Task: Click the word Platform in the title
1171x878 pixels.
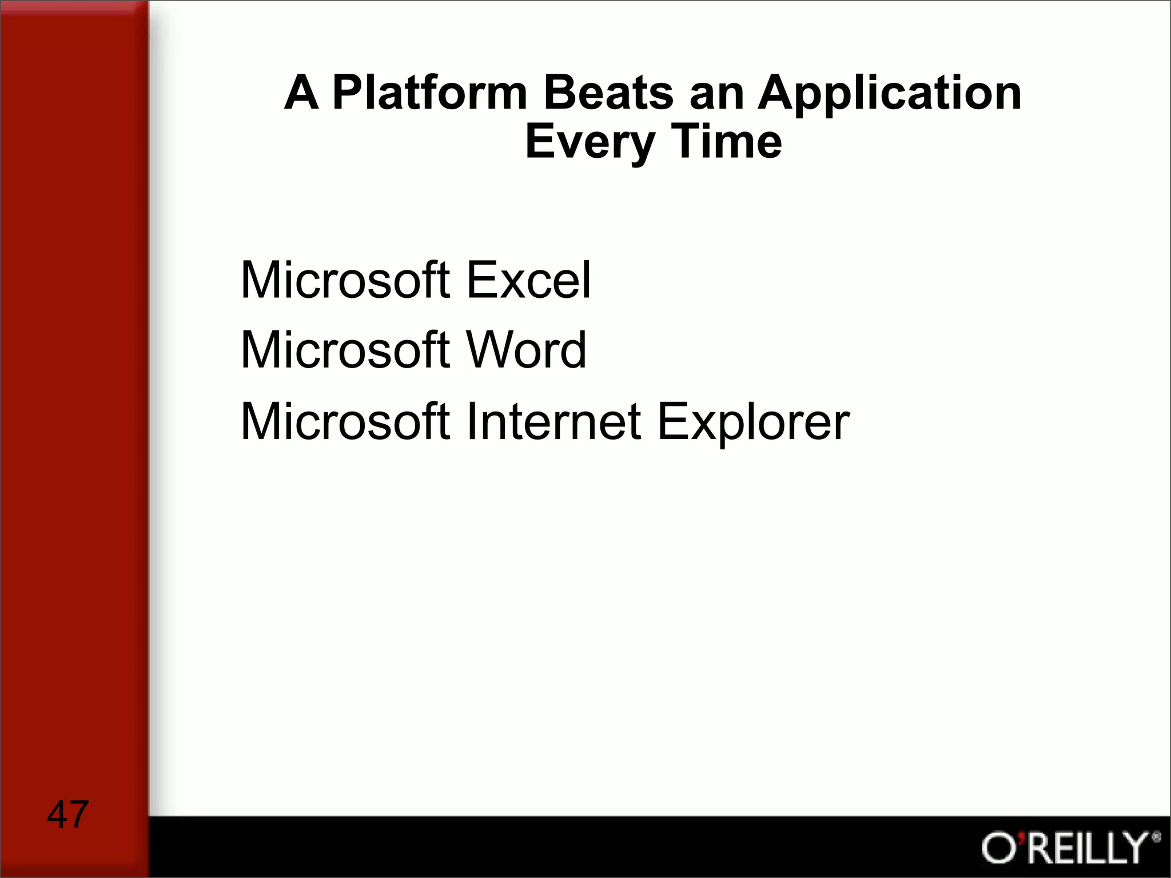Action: (429, 93)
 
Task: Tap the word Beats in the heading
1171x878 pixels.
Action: (608, 93)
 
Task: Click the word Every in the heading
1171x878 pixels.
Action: (590, 143)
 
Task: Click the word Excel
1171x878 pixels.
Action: (528, 280)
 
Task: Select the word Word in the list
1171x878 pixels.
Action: (526, 350)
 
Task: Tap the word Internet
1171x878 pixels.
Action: (553, 421)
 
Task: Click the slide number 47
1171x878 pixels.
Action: (67, 814)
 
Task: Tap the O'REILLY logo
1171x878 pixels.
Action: (1066, 848)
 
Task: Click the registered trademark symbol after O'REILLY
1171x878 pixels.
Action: (1156, 838)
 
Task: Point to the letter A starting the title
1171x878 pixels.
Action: (301, 93)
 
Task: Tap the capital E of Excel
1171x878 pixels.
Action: (480, 280)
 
